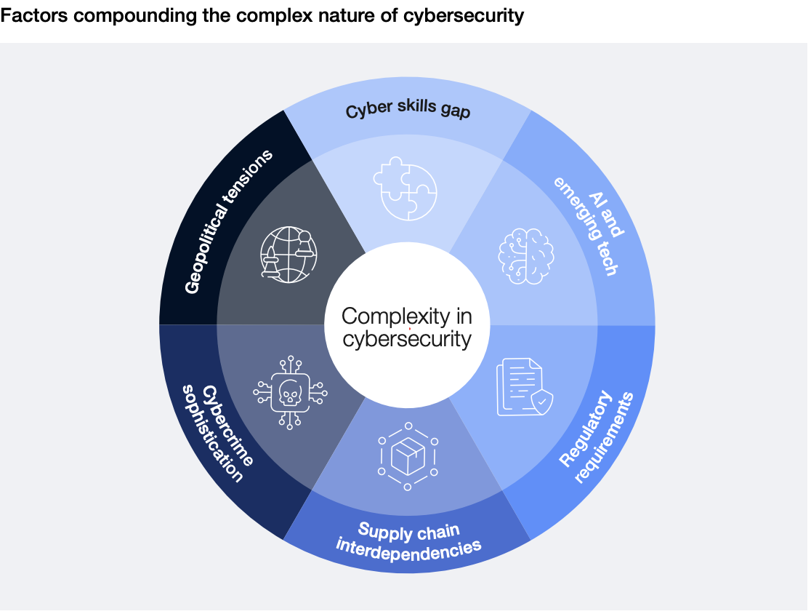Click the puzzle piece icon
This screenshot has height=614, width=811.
405,188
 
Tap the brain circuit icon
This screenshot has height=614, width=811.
526,256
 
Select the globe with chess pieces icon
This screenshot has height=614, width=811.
288,255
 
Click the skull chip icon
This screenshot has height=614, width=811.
290,392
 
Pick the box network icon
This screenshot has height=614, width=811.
408,456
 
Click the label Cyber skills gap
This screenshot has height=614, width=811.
408,108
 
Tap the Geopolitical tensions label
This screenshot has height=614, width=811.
228,222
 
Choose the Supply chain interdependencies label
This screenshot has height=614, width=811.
408,541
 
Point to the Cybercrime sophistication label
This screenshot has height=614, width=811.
218,434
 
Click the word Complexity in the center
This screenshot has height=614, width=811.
395,317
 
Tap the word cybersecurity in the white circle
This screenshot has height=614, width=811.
407,340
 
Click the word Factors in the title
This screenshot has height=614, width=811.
34,15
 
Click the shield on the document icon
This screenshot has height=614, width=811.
541,402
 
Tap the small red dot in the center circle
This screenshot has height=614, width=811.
410,328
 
